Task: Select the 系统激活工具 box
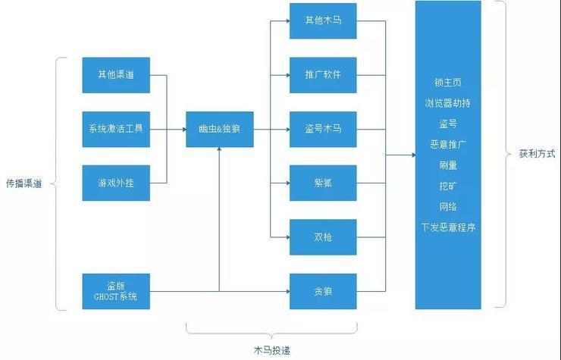click(116, 129)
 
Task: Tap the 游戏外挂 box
click(116, 183)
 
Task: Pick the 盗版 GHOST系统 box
click(116, 291)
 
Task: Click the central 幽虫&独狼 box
click(220, 129)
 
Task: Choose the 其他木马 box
click(323, 21)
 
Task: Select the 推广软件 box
click(323, 75)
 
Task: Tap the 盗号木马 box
click(323, 129)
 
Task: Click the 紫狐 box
click(323, 183)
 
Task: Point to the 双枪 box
click(323, 236)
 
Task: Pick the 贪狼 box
click(323, 291)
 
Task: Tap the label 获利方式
click(537, 154)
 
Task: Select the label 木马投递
click(272, 349)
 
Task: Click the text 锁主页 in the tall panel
click(447, 82)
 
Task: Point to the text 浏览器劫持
click(447, 102)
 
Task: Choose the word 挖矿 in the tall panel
click(447, 185)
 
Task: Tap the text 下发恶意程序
click(447, 227)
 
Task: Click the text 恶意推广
click(447, 144)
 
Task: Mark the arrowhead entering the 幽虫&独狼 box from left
click(183, 129)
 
